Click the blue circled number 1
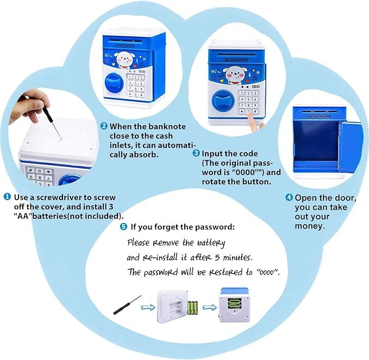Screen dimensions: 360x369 coord(8,196)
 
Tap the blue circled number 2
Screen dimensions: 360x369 coord(104,126)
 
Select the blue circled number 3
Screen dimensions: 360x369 coord(196,154)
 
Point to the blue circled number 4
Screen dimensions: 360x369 coord(290,197)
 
